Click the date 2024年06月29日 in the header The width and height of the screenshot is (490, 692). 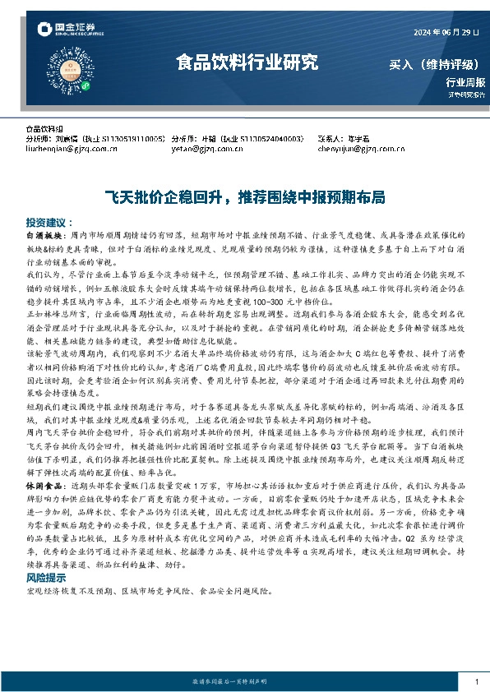(x=443, y=33)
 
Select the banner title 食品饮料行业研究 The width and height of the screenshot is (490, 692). (x=247, y=62)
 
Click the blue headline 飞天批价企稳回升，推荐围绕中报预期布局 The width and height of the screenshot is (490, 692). (x=244, y=198)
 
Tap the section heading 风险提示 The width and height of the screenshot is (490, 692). (x=45, y=579)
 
